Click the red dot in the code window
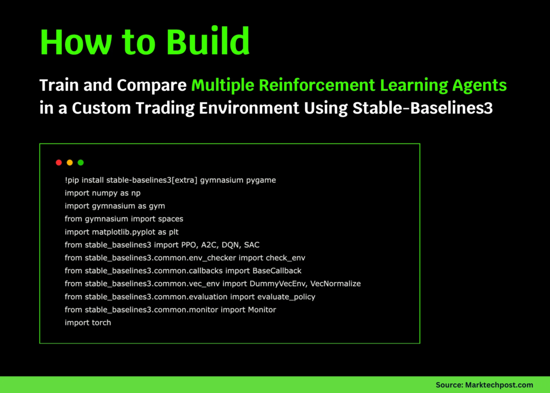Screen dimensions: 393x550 tap(59, 162)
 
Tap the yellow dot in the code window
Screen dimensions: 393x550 tap(70, 162)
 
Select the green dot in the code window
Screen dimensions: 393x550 tap(81, 162)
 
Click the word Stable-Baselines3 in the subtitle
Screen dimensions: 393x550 tap(423, 108)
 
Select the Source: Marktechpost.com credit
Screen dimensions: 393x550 tap(484, 384)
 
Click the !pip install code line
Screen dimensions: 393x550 tap(170, 180)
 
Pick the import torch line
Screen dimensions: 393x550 tap(88, 323)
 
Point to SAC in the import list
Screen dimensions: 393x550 tap(251, 245)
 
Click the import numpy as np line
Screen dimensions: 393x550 tap(103, 193)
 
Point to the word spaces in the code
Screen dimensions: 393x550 tap(170, 219)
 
